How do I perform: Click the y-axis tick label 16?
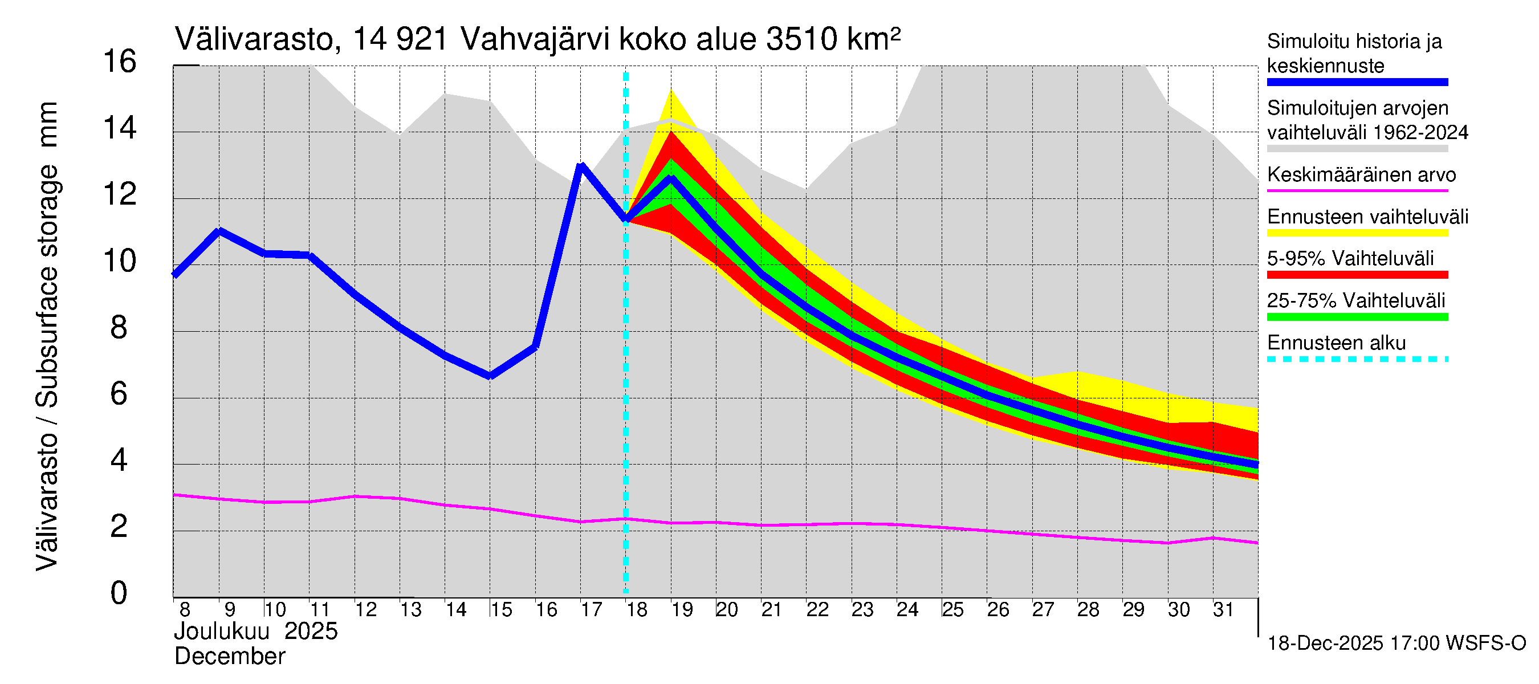pyautogui.click(x=120, y=62)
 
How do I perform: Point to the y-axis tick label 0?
pyautogui.click(x=119, y=593)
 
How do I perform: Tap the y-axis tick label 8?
pyautogui.click(x=119, y=328)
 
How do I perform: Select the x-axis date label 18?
pyautogui.click(x=637, y=610)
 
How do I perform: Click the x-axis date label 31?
pyautogui.click(x=1223, y=610)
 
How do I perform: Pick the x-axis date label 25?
pyautogui.click(x=953, y=610)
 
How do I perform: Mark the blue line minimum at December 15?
pyautogui.click(x=490, y=376)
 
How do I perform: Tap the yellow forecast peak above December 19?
pyautogui.click(x=671, y=90)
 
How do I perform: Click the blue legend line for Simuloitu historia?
pyautogui.click(x=1357, y=83)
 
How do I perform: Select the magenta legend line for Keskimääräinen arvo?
pyautogui.click(x=1357, y=190)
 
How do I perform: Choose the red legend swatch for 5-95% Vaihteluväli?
pyautogui.click(x=1357, y=275)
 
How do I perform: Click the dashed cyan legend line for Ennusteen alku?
pyautogui.click(x=1357, y=359)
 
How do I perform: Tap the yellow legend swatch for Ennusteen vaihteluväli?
pyautogui.click(x=1357, y=233)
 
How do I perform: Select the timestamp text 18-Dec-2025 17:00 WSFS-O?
pyautogui.click(x=1396, y=644)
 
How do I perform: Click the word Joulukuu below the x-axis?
pyautogui.click(x=222, y=632)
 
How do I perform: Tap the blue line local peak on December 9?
pyautogui.click(x=219, y=231)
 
